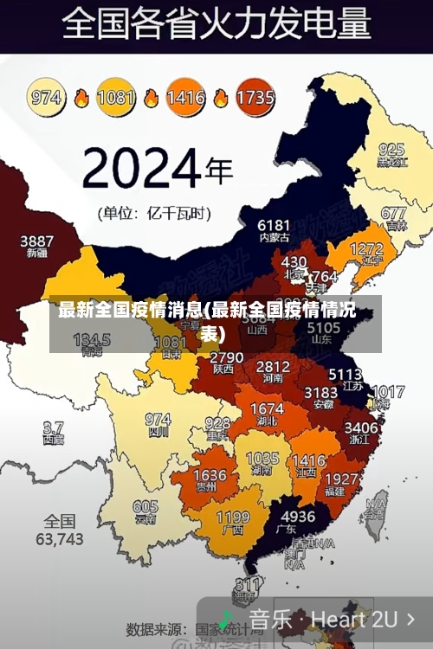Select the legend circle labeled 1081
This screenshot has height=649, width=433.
[x=116, y=97]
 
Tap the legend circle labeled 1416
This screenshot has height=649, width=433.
[x=185, y=97]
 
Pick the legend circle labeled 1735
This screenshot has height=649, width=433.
[x=254, y=97]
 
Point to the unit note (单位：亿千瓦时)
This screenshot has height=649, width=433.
[x=155, y=212]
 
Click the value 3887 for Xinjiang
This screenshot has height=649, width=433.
[x=37, y=241]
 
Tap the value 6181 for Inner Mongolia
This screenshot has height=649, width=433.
[x=274, y=225]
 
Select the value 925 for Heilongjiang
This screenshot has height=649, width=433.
[x=391, y=149]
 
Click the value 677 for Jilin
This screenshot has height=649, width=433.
[x=393, y=213]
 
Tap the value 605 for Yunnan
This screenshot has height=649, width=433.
[x=145, y=507]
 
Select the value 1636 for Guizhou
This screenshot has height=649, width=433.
[x=210, y=475]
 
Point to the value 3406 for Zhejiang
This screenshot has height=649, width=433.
[x=361, y=427]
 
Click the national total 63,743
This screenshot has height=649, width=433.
[x=59, y=538]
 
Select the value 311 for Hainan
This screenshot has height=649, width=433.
[x=249, y=583]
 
